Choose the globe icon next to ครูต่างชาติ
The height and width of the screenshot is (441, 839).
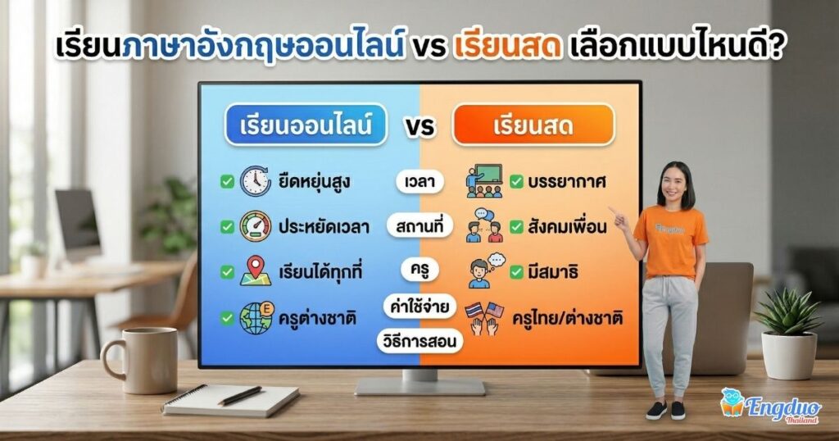coord(256,317)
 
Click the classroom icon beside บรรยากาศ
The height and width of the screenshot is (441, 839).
coord(483,182)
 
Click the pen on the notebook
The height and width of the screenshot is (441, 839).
coord(239,395)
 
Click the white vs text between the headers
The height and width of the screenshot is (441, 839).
coord(419,128)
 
